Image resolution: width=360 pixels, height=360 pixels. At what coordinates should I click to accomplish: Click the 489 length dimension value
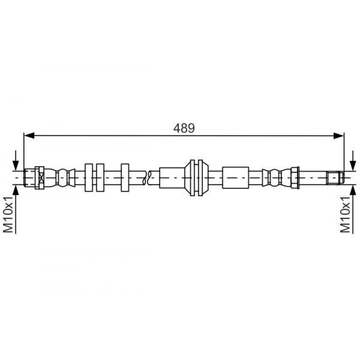point(184,128)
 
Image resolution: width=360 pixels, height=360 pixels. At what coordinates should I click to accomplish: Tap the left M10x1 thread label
point(8,215)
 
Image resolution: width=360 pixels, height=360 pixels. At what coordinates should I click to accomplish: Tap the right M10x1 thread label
point(345,215)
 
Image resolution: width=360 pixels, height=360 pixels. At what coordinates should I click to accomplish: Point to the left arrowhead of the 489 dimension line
point(29,135)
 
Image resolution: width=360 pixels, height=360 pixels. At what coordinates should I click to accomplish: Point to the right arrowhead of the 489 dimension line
point(339,135)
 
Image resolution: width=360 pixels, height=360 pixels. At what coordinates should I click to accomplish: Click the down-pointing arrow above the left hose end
point(15,161)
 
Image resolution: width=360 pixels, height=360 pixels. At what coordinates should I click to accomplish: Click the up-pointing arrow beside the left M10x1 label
point(15,209)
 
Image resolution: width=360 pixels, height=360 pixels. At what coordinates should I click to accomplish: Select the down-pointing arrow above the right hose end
point(353,161)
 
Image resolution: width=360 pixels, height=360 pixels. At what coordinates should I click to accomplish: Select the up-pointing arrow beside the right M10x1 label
point(353,209)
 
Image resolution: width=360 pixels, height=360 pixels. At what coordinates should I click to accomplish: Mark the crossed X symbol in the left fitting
point(41,178)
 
